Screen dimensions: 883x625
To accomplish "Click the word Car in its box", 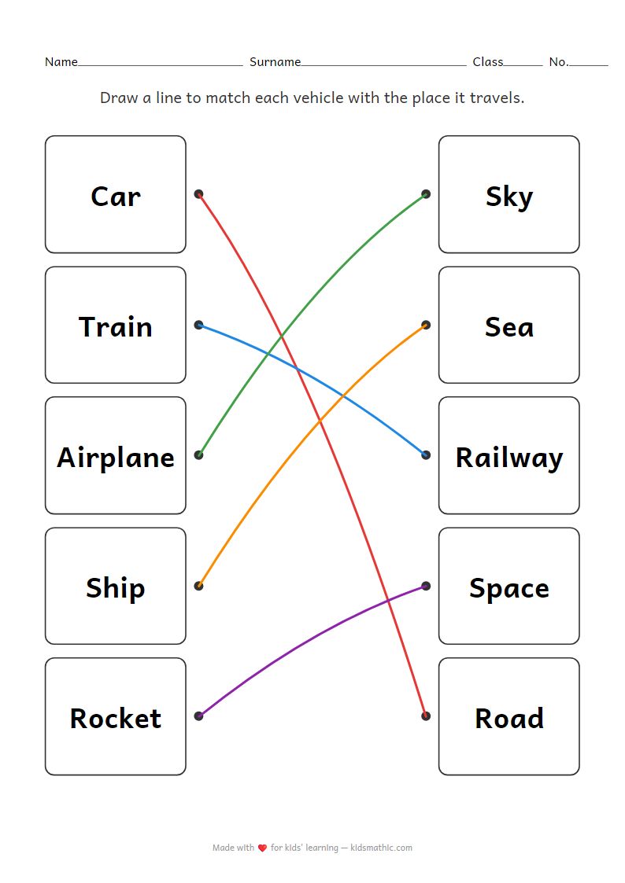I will point(116,196).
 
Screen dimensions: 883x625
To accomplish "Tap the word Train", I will point(116,326).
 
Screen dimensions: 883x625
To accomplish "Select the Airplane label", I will point(116,457).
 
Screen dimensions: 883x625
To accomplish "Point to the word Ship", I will point(116,587).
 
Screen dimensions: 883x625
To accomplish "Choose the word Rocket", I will point(116,718).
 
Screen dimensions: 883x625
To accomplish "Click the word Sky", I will point(509,196).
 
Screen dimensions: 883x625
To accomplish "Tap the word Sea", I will point(509,326).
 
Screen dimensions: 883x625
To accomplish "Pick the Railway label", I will point(509,457).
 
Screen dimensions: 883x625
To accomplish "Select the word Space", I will point(509,587).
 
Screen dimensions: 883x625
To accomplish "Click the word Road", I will point(509,718).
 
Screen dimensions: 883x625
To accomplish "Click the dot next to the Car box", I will point(198,193).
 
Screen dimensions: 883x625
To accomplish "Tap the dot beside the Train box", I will point(198,324).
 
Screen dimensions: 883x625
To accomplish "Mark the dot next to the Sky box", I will point(426,193).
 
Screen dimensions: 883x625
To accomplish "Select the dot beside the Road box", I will point(426,716).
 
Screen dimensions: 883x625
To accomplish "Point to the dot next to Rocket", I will point(198,716).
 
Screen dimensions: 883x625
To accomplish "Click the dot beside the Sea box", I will point(426,324).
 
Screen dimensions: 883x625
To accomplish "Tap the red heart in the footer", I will point(262,848).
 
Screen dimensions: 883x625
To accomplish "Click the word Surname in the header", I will point(275,62).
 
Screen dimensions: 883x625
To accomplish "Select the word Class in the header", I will point(487,62).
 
